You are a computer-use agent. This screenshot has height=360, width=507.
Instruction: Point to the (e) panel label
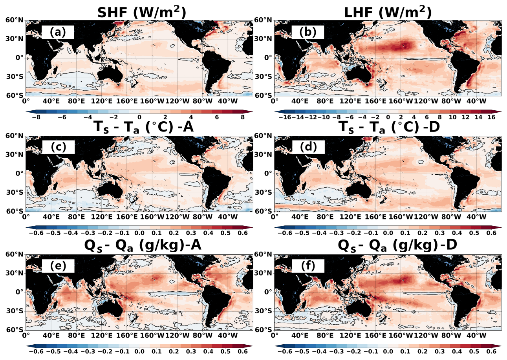tap(58, 266)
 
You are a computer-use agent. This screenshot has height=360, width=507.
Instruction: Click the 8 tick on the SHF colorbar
tap(243, 118)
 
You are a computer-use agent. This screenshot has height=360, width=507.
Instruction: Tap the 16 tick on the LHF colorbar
tap(492, 118)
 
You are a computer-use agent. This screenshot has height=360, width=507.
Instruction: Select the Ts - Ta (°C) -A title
tap(138, 128)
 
